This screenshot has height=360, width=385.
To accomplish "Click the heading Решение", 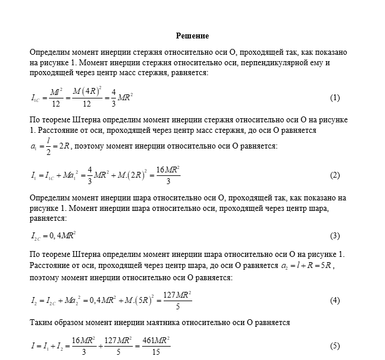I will click(192, 36).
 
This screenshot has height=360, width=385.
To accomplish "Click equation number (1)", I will click(334, 97).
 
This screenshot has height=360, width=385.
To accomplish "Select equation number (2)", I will click(334, 175).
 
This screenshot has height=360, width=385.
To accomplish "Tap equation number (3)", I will click(334, 236).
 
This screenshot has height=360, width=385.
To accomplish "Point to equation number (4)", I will click(334, 301).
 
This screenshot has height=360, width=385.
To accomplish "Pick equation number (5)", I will click(334, 345).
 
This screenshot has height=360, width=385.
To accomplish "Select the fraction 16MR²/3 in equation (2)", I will click(168, 175).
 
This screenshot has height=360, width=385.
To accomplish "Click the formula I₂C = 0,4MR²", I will click(54, 236).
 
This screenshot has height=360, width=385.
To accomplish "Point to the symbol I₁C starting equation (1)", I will click(37, 97).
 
